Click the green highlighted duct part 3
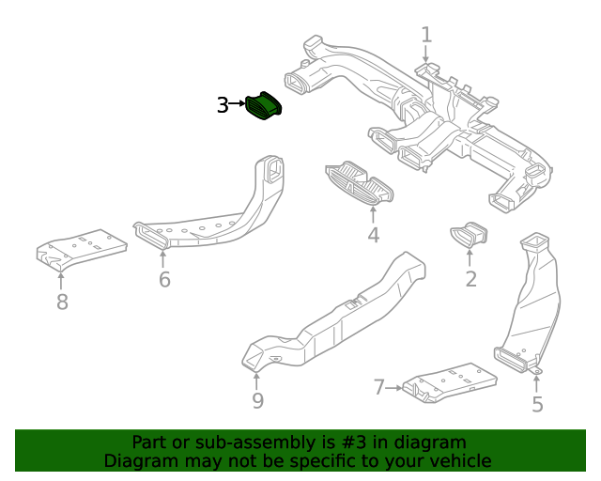(265, 106)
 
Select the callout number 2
(470, 278)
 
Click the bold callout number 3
(223, 105)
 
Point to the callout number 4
(373, 235)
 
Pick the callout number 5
(537, 405)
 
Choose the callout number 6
(164, 279)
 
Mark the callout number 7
(379, 387)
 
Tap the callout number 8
(62, 302)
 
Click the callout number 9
(257, 401)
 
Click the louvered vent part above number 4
(360, 182)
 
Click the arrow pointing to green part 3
(239, 105)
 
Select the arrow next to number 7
(395, 387)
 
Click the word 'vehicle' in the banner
(457, 460)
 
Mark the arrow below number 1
(426, 55)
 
